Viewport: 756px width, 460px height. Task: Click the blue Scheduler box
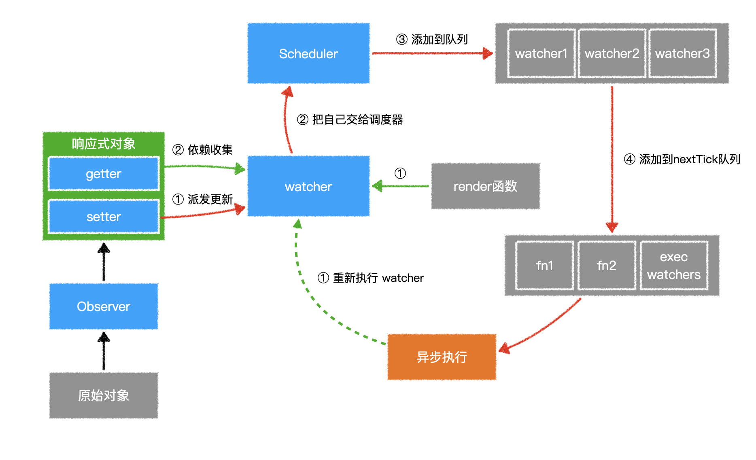308,53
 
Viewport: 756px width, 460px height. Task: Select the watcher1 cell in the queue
541,53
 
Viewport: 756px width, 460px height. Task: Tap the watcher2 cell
612,53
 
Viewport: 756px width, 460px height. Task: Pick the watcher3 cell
682,53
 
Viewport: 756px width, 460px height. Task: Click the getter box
104,174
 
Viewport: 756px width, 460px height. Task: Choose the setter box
104,217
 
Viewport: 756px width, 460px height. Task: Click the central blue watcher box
308,186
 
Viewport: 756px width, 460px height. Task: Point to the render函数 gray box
485,186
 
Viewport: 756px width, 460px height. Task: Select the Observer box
104,306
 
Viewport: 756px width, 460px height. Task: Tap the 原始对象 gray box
104,395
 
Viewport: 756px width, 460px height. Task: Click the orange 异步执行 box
442,357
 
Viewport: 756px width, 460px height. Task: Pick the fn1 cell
544,266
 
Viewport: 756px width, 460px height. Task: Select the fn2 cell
606,266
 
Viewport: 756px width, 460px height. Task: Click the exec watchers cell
673,266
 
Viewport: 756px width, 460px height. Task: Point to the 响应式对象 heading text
104,144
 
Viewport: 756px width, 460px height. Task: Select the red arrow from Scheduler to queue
431,53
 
